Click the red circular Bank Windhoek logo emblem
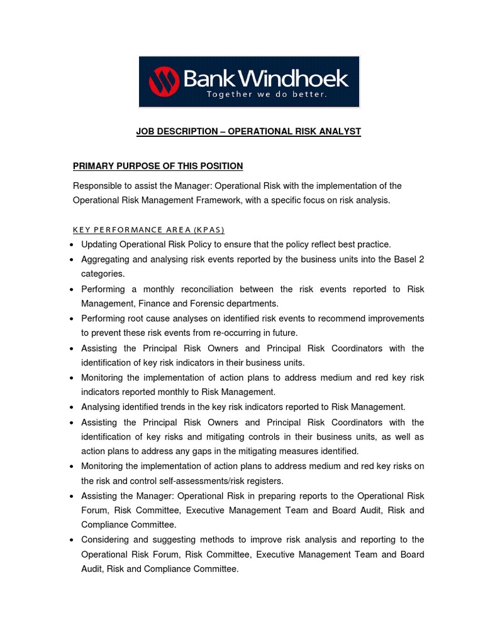coord(163,82)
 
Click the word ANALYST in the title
coord(340,131)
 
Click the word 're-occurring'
coord(243,333)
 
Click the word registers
coord(265,481)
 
